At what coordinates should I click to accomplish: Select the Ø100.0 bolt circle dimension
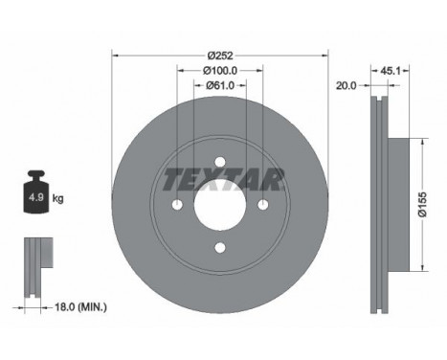pyautogui.click(x=220, y=71)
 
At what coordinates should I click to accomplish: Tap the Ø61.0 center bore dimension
pyautogui.click(x=220, y=86)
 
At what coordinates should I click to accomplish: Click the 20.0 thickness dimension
pyautogui.click(x=346, y=86)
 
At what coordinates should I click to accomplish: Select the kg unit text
pyautogui.click(x=58, y=198)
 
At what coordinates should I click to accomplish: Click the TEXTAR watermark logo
pyautogui.click(x=223, y=179)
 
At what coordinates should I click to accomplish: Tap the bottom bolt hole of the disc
pyautogui.click(x=220, y=249)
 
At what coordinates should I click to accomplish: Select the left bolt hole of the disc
pyautogui.click(x=176, y=205)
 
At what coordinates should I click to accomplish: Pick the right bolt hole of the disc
pyautogui.click(x=264, y=205)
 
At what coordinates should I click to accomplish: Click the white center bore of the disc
pyautogui.click(x=220, y=205)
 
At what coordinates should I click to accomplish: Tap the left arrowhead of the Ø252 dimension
pyautogui.click(x=115, y=55)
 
